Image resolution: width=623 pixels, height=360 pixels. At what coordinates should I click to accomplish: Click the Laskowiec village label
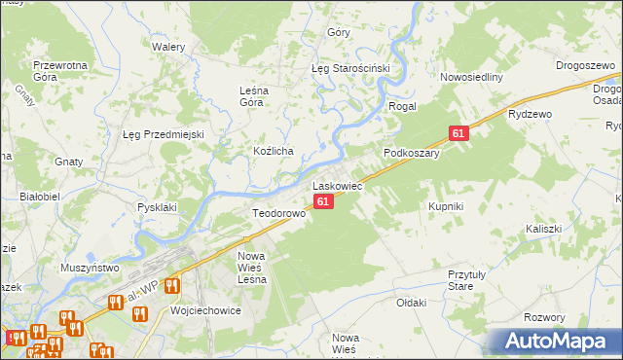(337, 185)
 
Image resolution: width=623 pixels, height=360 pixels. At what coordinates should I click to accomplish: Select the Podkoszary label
(412, 153)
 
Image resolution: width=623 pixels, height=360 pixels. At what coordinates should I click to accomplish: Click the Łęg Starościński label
(349, 68)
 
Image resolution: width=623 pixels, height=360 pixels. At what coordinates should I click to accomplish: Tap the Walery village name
(167, 46)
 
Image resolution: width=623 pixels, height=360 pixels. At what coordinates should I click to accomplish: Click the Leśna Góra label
(259, 98)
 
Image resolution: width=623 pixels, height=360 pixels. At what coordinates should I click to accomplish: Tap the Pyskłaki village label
(157, 207)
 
